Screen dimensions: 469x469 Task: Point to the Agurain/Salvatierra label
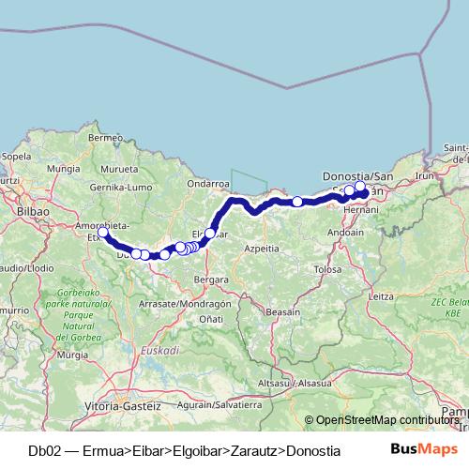click(219, 405)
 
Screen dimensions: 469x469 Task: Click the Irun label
click(426, 175)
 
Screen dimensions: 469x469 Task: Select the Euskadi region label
click(160, 350)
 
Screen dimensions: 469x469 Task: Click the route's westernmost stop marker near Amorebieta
click(103, 233)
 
